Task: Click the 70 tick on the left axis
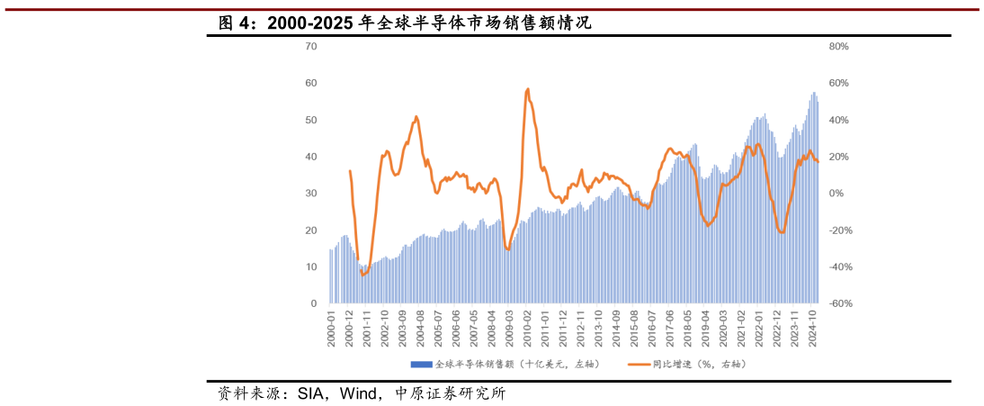point(311,46)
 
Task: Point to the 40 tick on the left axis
point(311,157)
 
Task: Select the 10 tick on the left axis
point(311,267)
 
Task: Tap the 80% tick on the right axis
point(838,46)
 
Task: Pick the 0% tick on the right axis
point(836,194)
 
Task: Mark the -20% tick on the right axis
point(838,230)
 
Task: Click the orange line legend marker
point(639,365)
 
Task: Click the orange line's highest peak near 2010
point(527,89)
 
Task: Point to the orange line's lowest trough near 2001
point(363,275)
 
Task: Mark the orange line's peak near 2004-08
point(416,116)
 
